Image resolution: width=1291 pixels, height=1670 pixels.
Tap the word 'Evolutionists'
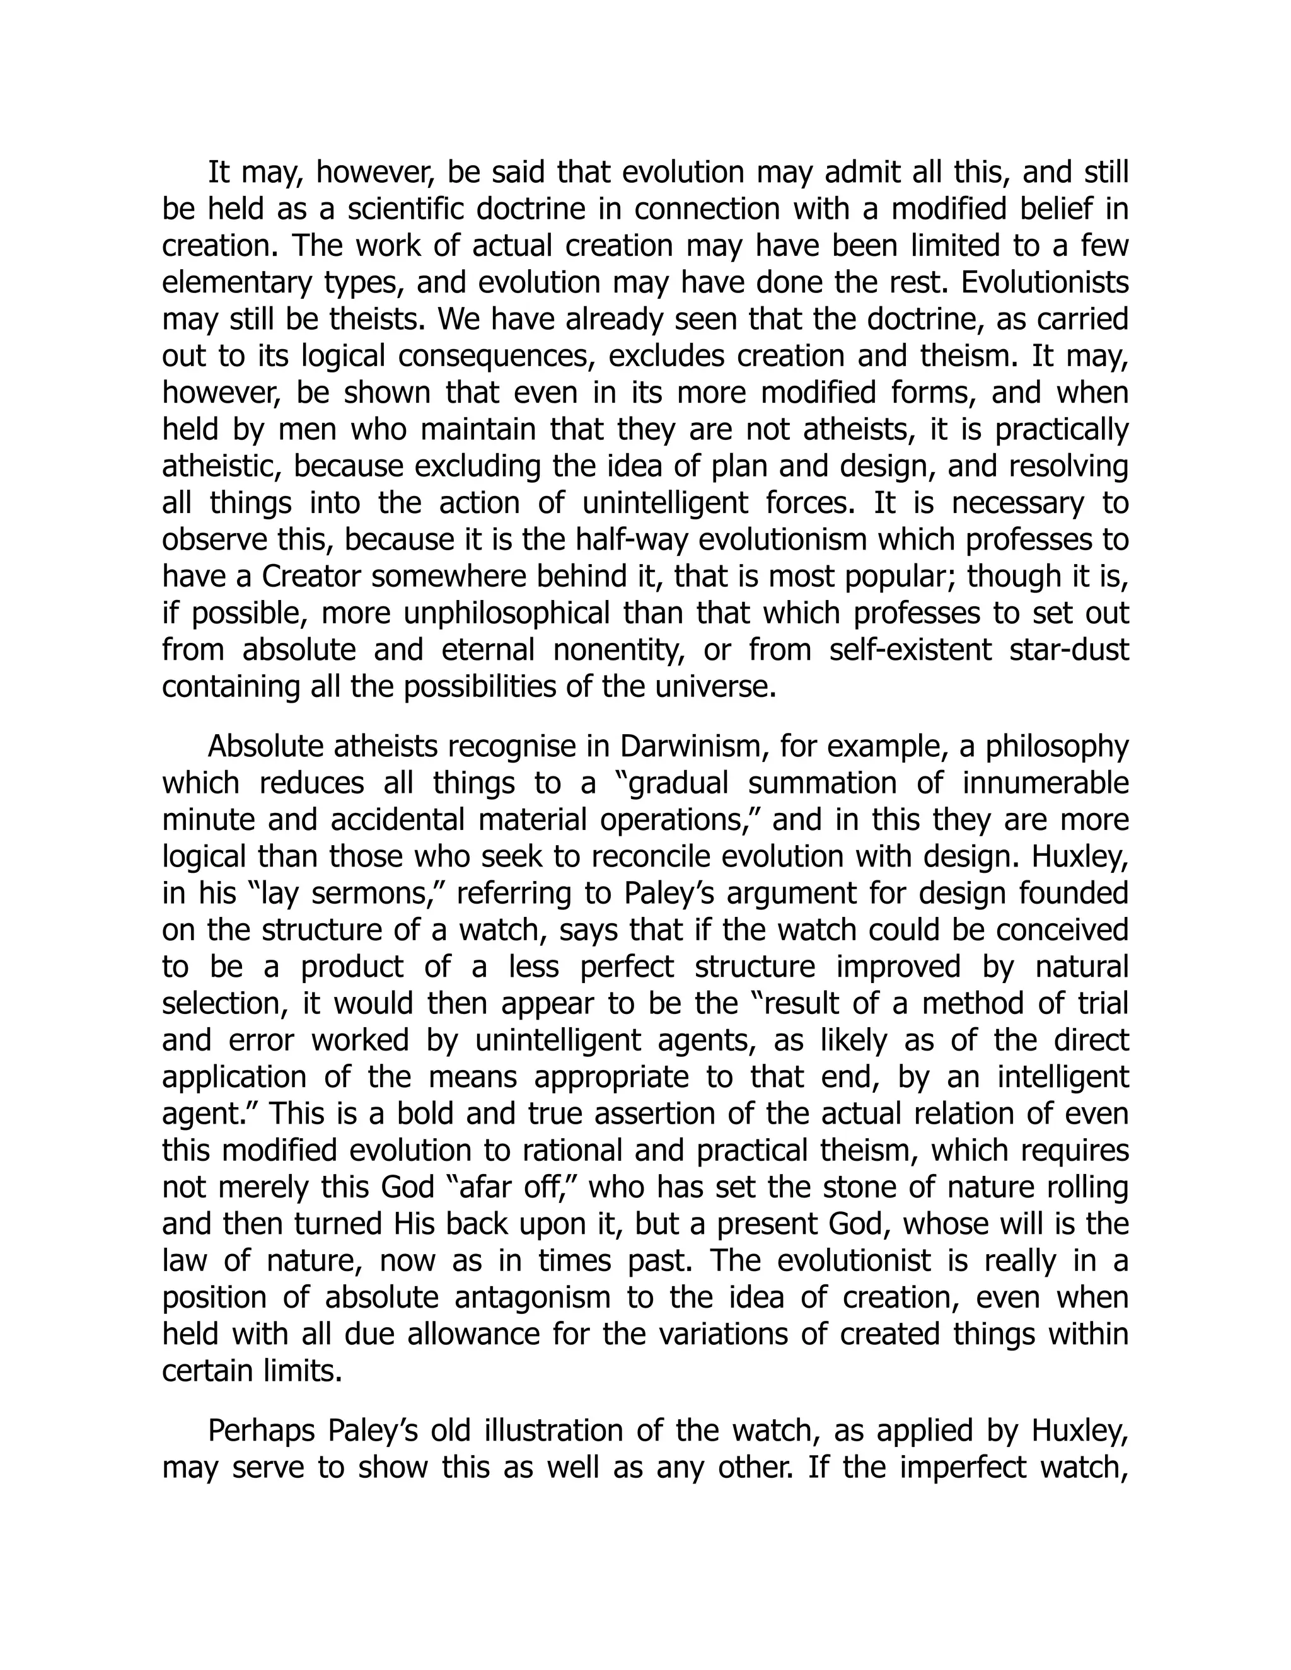point(1045,283)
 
